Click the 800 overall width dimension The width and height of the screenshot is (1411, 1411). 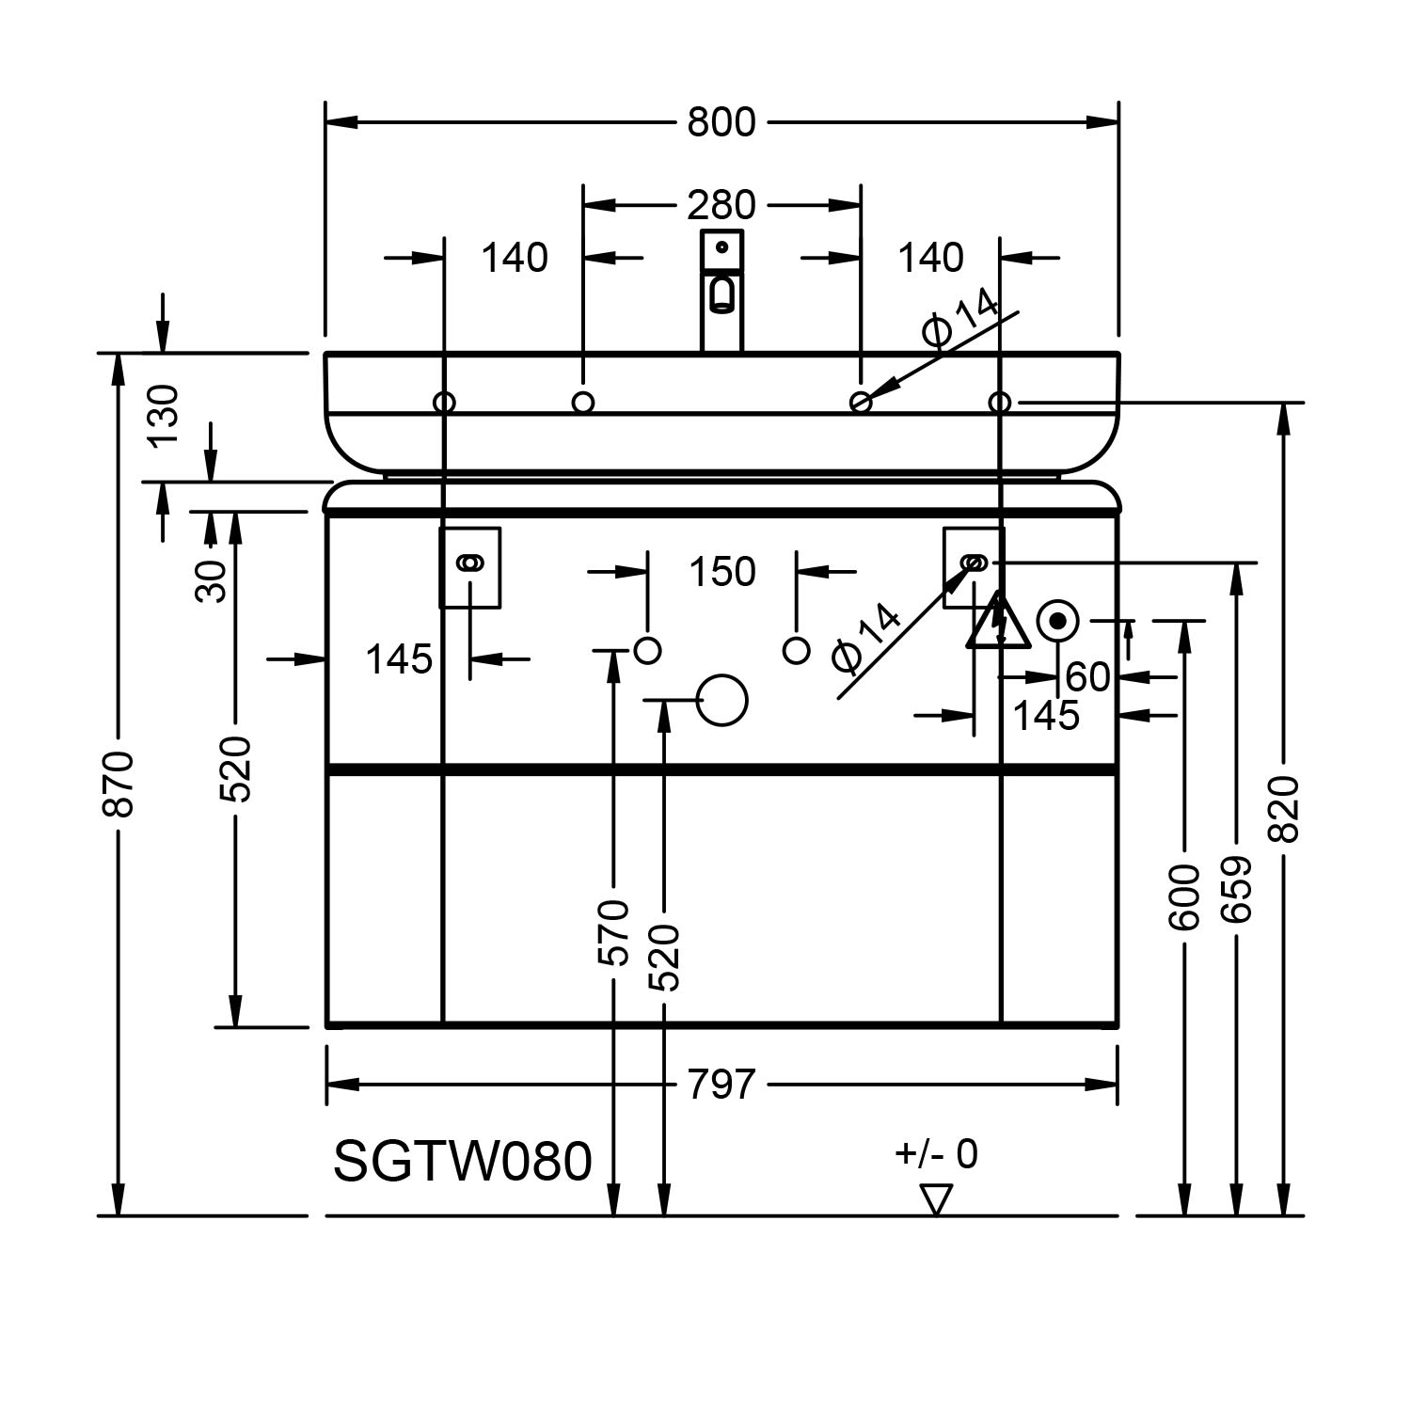(721, 122)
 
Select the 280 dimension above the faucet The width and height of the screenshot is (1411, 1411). (721, 204)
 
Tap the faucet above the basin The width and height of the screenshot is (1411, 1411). (721, 290)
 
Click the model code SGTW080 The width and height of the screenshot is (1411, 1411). (463, 1161)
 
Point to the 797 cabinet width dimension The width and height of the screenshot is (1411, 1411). (721, 1085)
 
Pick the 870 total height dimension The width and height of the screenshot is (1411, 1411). (119, 783)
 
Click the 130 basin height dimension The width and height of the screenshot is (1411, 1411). (164, 416)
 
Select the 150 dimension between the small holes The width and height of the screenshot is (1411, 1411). (721, 572)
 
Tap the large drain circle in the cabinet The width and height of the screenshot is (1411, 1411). (722, 700)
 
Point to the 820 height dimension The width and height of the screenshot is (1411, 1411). (1283, 809)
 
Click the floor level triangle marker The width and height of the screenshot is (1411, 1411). (936, 1198)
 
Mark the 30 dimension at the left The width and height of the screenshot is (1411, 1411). (212, 580)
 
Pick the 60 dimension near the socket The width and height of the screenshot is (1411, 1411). (1087, 676)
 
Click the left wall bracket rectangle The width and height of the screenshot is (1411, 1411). (470, 567)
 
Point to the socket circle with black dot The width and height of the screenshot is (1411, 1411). (1057, 621)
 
